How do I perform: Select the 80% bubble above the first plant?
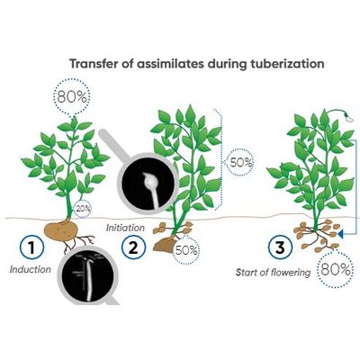72,97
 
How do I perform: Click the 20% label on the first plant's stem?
83,208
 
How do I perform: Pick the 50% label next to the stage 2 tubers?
186,250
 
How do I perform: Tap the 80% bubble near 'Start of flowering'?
336,270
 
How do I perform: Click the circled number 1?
31,247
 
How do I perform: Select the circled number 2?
134,247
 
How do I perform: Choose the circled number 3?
280,247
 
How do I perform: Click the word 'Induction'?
31,269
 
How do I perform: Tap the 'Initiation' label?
125,228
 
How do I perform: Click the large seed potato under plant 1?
61,230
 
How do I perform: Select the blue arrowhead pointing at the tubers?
341,233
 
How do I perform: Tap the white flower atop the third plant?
348,117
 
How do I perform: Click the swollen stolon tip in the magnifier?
148,181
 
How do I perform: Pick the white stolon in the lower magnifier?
87,277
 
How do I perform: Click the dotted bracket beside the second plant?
220,159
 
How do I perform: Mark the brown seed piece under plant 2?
164,245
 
